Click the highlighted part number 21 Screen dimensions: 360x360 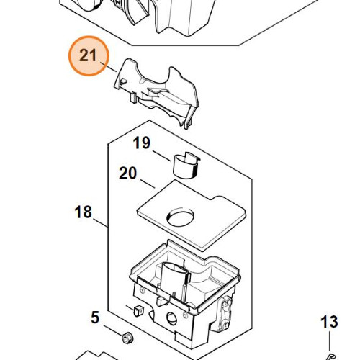coord(88,55)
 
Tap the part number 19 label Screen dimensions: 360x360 coord(142,143)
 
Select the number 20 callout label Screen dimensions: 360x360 coord(127,174)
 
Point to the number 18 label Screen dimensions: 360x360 coord(83,212)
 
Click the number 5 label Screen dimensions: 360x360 coord(95,318)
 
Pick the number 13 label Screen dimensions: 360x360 coord(329,322)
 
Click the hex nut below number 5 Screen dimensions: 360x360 coord(127,338)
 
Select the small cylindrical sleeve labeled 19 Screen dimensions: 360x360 coord(186,166)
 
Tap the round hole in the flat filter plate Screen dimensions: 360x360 coord(180,217)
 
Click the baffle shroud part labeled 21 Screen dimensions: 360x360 coord(156,91)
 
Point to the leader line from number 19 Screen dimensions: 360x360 coord(162,156)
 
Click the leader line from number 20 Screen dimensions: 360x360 coord(148,184)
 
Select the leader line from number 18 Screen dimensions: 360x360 coord(100,223)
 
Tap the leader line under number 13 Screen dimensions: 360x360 coord(330,341)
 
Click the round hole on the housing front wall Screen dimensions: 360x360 coord(171,318)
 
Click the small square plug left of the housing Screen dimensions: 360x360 coord(138,310)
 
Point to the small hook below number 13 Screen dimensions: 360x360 coord(330,357)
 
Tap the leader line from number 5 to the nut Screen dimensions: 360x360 coord(112,330)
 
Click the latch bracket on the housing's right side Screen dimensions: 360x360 coord(225,315)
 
